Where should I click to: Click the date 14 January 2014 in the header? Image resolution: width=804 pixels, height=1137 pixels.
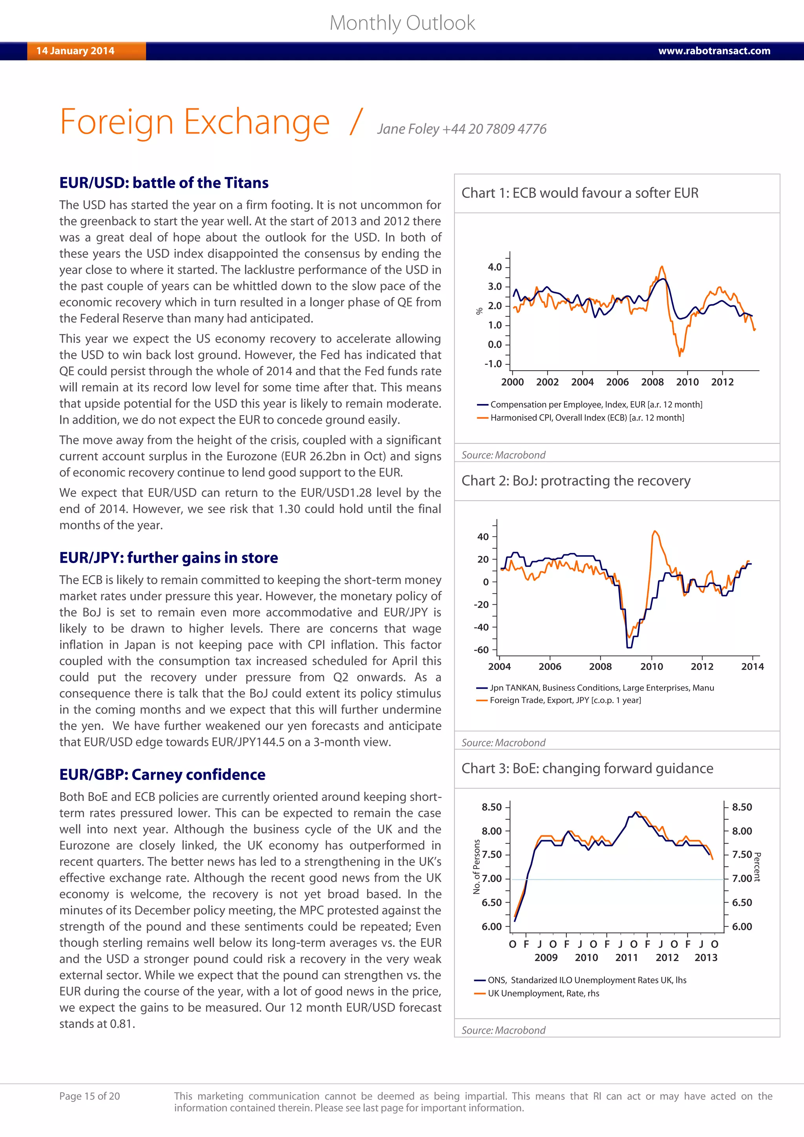[x=75, y=51]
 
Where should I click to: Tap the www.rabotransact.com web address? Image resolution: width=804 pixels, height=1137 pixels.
[x=714, y=51]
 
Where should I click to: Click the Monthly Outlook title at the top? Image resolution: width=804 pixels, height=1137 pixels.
[x=402, y=23]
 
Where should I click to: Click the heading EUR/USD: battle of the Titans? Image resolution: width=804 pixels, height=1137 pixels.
[x=164, y=183]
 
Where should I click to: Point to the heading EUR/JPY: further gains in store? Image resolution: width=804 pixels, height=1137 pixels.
[x=168, y=558]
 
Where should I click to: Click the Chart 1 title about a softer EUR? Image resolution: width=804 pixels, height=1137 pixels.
[x=580, y=193]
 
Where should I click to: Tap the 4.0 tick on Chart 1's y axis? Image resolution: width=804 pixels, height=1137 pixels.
[x=495, y=267]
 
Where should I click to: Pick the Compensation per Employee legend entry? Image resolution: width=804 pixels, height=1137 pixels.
[x=596, y=405]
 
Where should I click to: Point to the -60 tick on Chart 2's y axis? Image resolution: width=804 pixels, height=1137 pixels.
[x=481, y=650]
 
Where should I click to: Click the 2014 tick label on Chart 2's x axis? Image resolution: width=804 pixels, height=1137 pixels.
[x=752, y=667]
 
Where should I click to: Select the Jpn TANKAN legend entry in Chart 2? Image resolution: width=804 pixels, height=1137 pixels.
[x=601, y=688]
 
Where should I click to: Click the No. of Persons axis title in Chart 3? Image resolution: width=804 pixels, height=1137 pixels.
[x=477, y=866]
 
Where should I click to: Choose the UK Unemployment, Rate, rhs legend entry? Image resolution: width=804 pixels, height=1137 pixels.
[x=543, y=993]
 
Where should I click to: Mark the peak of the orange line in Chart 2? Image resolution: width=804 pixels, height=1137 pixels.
[x=655, y=531]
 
